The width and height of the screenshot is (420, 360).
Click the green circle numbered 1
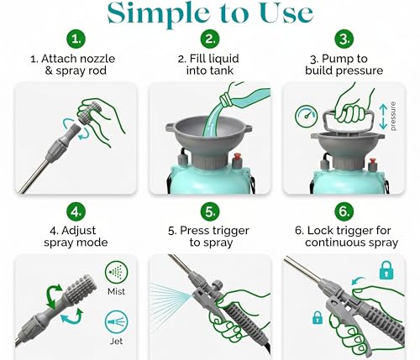tap(76, 39)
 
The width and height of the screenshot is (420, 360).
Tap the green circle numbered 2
tap(210, 39)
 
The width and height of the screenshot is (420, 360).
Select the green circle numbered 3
tap(344, 39)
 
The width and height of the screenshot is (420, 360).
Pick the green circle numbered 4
tap(76, 211)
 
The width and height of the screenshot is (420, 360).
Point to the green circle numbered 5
tap(210, 211)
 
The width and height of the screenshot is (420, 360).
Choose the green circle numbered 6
tap(344, 211)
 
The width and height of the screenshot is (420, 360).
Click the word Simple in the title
tap(159, 14)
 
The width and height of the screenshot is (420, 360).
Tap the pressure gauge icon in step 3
tap(306, 116)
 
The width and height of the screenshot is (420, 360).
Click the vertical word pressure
tap(393, 117)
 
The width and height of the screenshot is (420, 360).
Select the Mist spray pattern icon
tap(117, 273)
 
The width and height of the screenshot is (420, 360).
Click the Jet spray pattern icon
tap(117, 322)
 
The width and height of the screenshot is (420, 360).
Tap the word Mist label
tap(117, 291)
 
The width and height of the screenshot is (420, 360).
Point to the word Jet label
tap(116, 342)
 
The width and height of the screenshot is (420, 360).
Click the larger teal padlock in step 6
tap(386, 270)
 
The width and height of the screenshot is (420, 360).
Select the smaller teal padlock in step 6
tap(318, 318)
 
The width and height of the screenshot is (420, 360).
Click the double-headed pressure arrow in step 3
tap(383, 117)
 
